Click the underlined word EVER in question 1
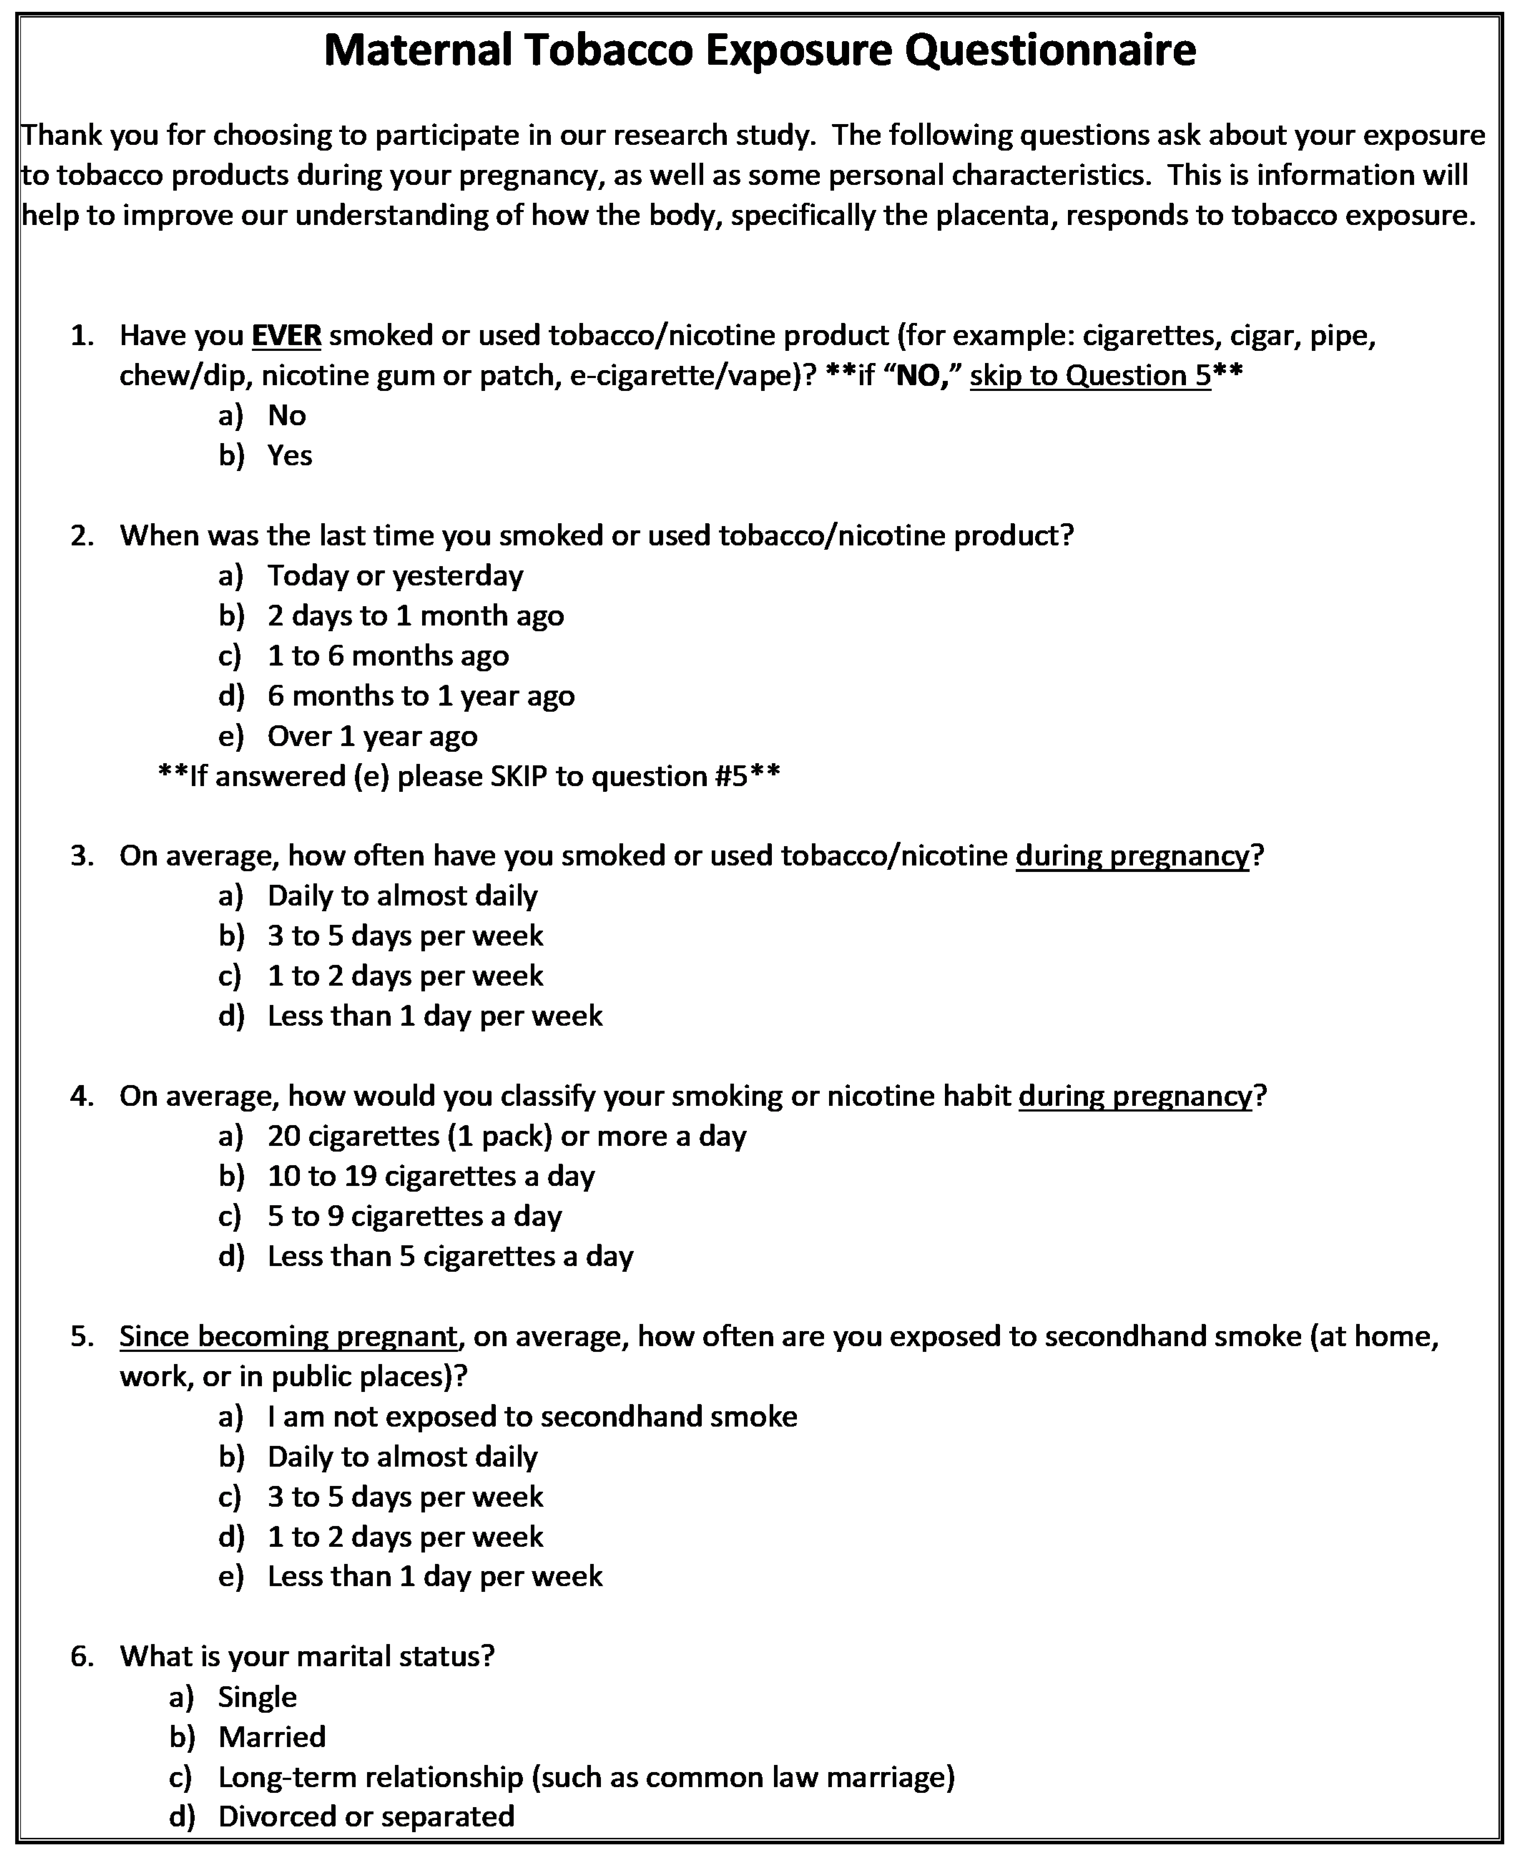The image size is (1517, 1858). tap(287, 336)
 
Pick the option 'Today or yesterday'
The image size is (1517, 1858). tap(395, 576)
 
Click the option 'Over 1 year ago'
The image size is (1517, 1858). tap(372, 737)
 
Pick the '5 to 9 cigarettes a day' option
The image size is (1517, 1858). tap(414, 1216)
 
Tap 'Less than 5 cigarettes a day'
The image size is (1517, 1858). tap(450, 1257)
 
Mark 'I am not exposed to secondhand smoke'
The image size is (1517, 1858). tap(532, 1417)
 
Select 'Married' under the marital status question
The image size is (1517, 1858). tap(272, 1736)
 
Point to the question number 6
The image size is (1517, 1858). tap(81, 1657)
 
